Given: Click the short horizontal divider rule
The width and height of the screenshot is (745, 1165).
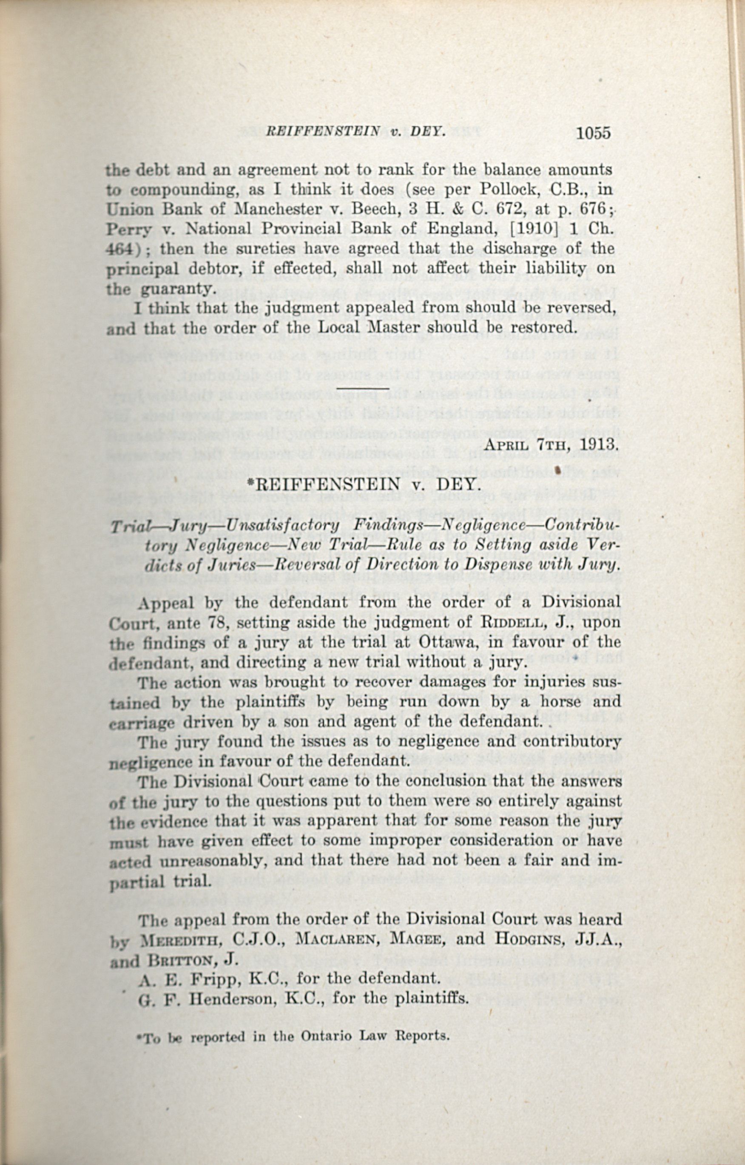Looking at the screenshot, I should (x=363, y=388).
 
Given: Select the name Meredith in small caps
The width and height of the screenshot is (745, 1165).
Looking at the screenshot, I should (x=182, y=939).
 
